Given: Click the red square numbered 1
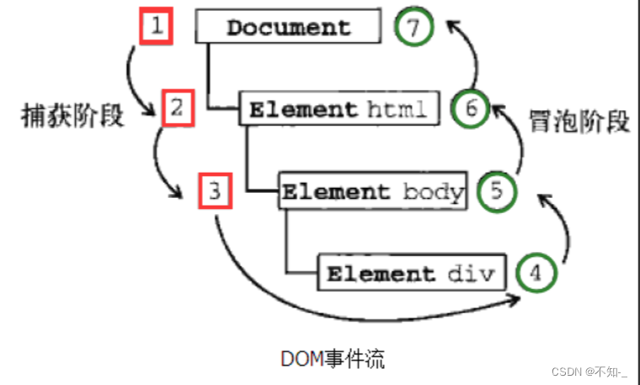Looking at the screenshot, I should [x=155, y=27].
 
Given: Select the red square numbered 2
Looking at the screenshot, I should [x=177, y=109].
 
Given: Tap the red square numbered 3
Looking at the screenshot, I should [x=215, y=191].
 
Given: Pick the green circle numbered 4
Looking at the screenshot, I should [x=536, y=273].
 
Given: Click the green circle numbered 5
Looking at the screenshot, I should [x=496, y=191].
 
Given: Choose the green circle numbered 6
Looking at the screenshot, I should [x=470, y=109].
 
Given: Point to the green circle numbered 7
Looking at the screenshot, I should [x=412, y=27].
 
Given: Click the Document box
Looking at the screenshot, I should [x=288, y=27].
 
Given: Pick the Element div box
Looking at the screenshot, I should [x=413, y=274].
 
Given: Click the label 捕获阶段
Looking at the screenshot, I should [x=72, y=115].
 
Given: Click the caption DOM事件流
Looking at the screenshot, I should [x=332, y=359].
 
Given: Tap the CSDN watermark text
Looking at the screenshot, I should [x=589, y=371].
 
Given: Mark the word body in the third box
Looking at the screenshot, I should [x=433, y=191].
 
